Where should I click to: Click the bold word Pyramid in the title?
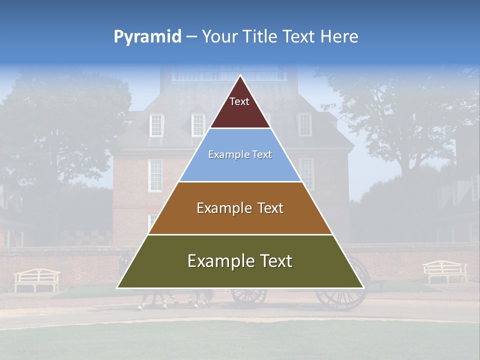[x=147, y=37]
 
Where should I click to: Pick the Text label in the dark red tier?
[x=239, y=101]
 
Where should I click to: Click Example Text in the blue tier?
[x=240, y=155]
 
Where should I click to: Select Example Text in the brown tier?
[x=240, y=208]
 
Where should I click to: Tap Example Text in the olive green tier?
[x=240, y=261]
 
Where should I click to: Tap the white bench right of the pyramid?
[x=444, y=271]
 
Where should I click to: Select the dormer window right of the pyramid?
[x=304, y=124]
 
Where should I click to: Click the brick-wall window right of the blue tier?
[x=306, y=172]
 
